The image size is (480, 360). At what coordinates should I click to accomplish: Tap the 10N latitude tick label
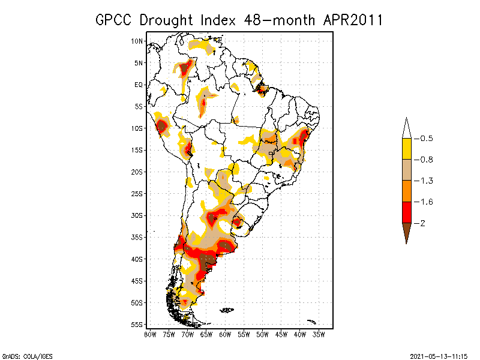coord(137,41)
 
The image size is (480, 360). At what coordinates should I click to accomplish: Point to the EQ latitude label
coord(139,85)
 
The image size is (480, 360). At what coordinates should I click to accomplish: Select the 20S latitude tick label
coord(137,172)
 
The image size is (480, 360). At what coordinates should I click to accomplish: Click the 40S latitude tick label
coord(137,259)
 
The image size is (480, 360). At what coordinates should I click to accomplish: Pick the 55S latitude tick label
coord(137,325)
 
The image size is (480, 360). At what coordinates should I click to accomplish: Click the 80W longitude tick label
coord(149,334)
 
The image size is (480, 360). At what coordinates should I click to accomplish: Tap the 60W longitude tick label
coord(225,334)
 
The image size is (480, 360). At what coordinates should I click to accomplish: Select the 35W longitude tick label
coord(319,334)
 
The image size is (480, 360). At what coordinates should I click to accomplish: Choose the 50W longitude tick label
coord(263,334)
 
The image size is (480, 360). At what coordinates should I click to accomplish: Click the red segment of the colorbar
coord(406,212)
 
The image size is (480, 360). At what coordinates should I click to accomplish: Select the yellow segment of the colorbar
coord(406,149)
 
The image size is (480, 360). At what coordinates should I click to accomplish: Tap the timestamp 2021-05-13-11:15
coord(439,356)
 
